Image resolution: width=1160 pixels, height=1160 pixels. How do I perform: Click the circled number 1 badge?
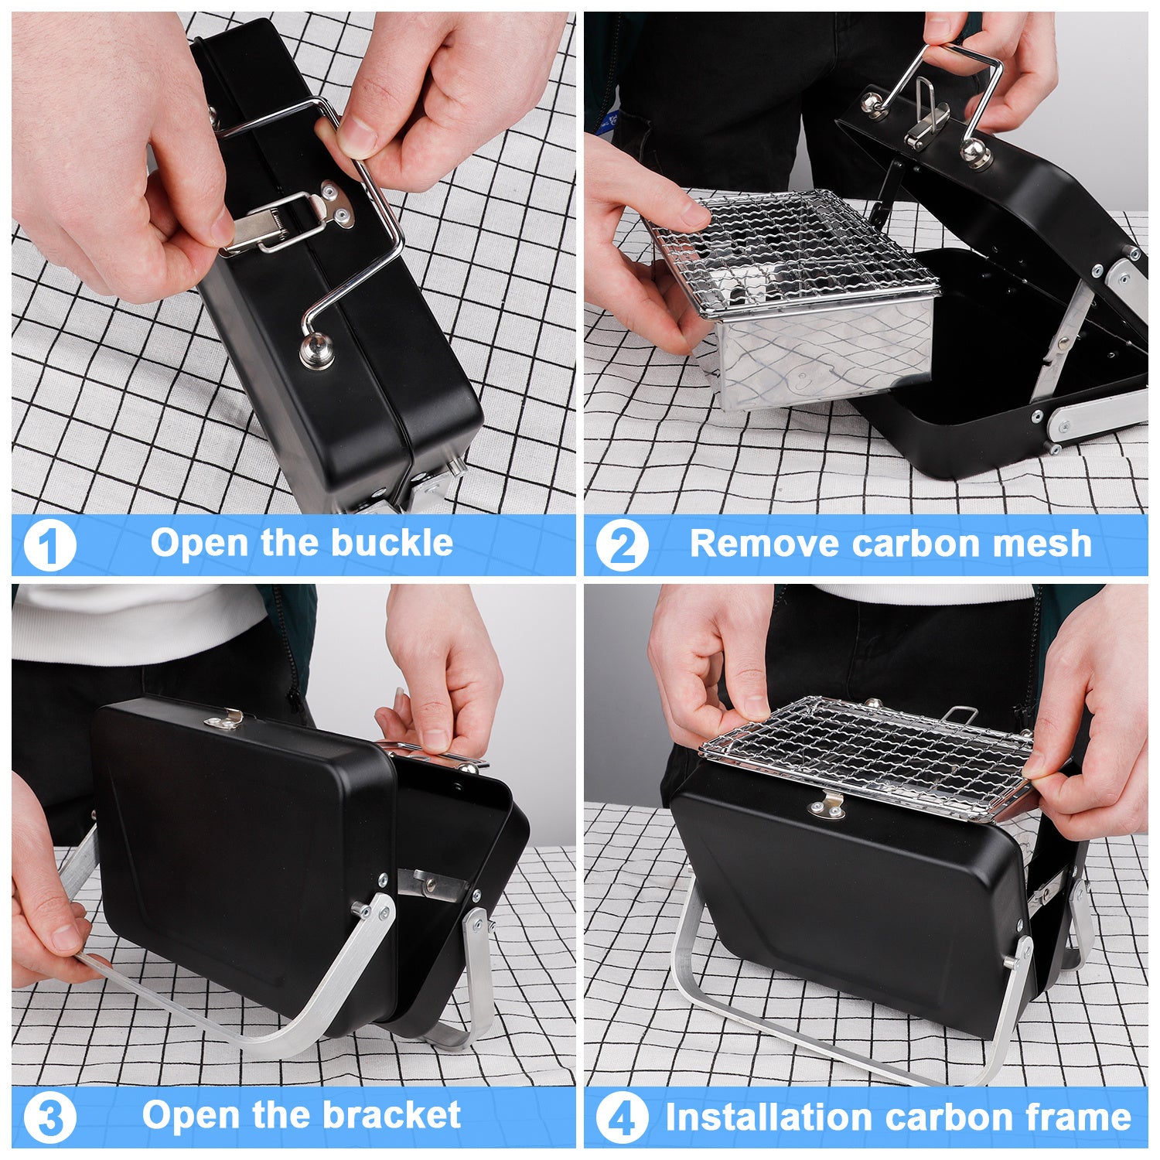coord(49,546)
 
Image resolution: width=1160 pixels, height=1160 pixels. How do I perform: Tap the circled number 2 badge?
coord(622,546)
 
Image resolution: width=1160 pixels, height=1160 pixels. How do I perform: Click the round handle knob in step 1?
coord(317,352)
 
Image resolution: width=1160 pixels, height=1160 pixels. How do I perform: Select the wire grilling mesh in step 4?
coord(866,754)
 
